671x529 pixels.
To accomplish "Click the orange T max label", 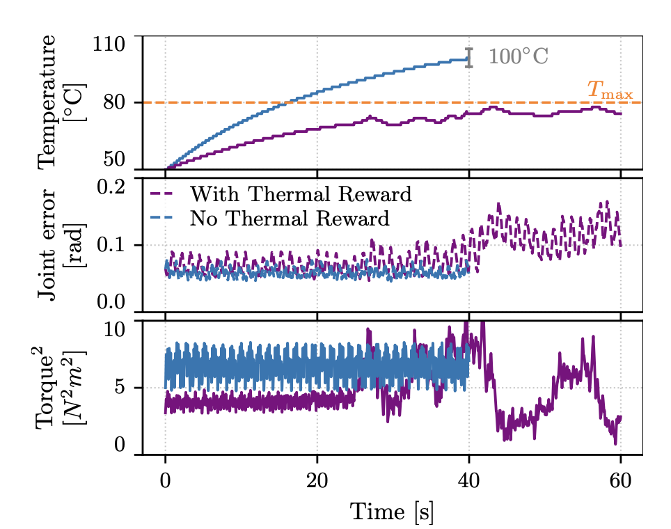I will click(610, 90).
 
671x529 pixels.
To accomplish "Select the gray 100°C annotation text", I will click(518, 57).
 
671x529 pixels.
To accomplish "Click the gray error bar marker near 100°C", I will click(469, 58).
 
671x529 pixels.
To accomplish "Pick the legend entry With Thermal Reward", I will click(300, 194).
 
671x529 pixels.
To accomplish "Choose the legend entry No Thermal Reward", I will click(289, 219).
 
